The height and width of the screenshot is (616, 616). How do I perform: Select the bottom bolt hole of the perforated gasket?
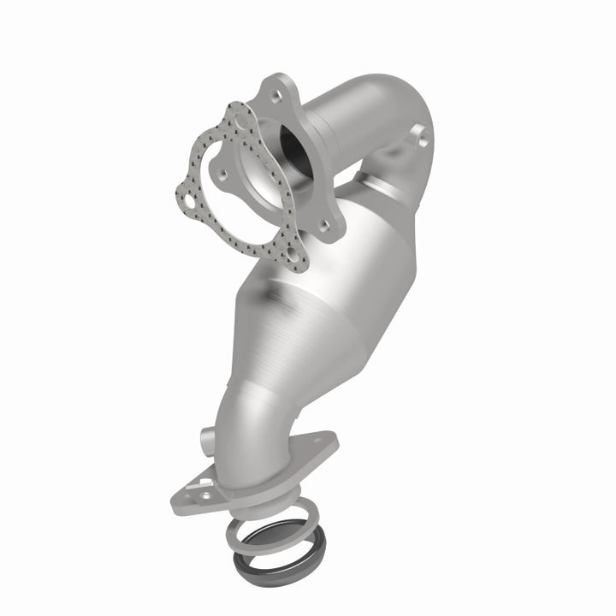pos(296,255)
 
